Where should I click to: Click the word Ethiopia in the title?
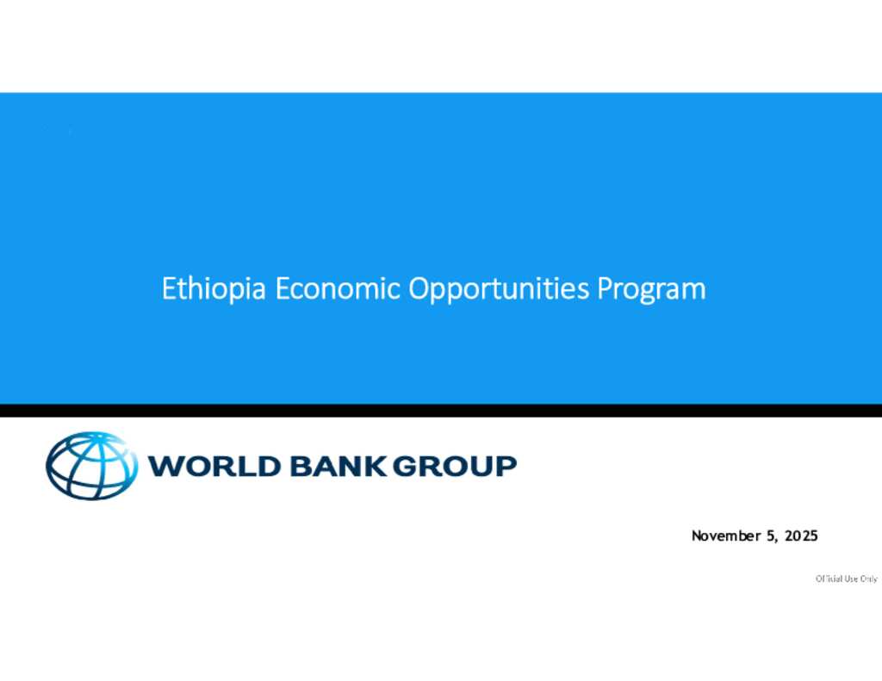pos(214,289)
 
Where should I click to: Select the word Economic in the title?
pos(338,288)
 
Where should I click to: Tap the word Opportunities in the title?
pos(499,289)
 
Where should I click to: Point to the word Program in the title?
pos(651,290)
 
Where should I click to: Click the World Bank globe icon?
pos(91,466)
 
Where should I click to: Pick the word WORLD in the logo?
pos(214,466)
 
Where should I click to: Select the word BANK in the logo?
pos(338,466)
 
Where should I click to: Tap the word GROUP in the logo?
pos(454,466)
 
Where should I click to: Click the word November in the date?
pos(726,536)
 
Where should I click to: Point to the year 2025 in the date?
pos(802,536)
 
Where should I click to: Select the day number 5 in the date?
pos(771,536)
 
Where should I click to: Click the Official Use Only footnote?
pos(847,579)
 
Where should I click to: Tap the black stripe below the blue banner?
pos(441,411)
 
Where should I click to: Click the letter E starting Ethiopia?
pos(169,288)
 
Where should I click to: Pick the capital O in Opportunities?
pos(419,288)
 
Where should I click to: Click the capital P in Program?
pos(605,288)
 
